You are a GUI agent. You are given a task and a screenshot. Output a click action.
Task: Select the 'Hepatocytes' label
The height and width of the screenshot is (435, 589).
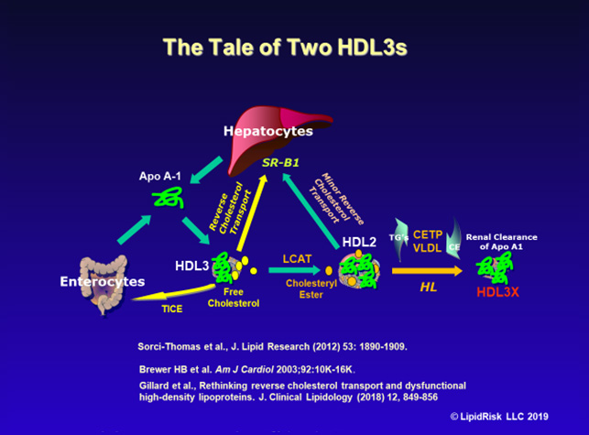click(268, 131)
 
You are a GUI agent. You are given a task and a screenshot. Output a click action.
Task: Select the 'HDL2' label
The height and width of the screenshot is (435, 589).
click(358, 242)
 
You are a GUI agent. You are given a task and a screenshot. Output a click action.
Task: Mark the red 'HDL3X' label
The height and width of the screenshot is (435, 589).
click(502, 294)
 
